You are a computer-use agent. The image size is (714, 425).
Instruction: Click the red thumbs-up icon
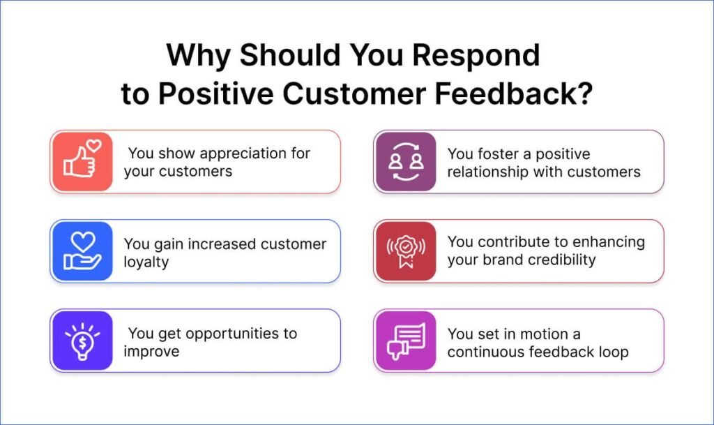click(82, 162)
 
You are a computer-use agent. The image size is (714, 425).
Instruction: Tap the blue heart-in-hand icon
click(82, 251)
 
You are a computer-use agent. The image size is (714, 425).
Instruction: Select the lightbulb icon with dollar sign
click(82, 341)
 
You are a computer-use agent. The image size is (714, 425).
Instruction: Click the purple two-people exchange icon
click(405, 162)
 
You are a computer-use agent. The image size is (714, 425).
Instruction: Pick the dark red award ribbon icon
click(405, 251)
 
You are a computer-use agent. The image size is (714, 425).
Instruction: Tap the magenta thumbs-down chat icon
click(405, 341)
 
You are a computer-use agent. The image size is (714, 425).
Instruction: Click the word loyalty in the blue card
click(146, 262)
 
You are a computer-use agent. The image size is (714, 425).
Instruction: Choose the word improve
click(151, 351)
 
